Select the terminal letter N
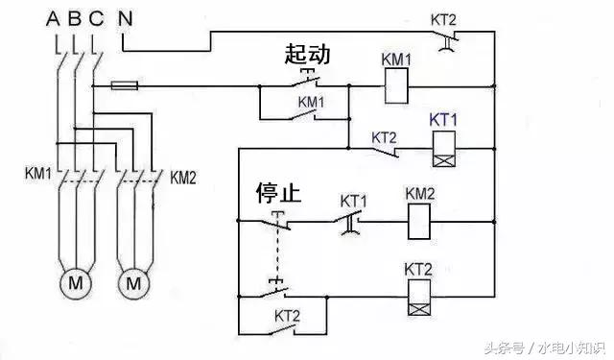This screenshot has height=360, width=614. coord(125,19)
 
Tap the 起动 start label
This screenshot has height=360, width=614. coord(307,54)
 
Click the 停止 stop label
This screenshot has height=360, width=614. coord(278,193)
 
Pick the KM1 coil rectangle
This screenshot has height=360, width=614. coord(397,89)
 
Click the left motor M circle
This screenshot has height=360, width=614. coord(74,284)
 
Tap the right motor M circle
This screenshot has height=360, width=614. coord(134,284)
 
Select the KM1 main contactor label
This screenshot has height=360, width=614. coord(39,177)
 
